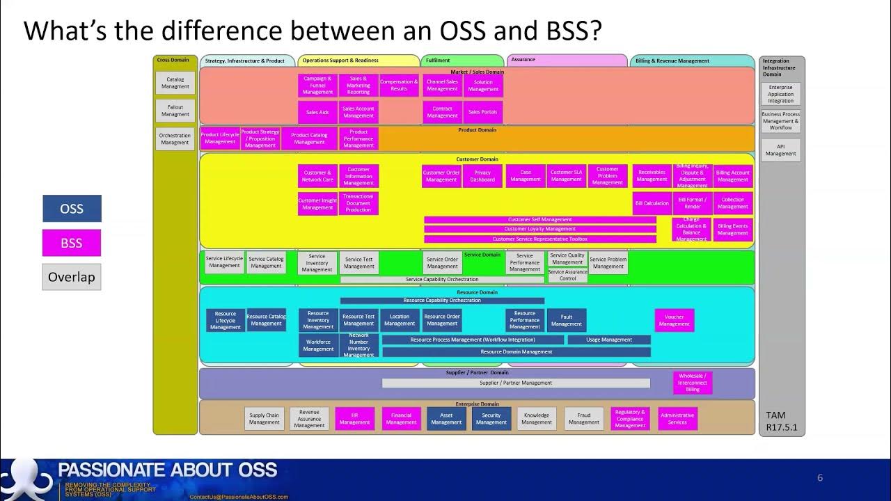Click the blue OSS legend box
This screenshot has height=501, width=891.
72,209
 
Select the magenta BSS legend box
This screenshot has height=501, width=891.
72,243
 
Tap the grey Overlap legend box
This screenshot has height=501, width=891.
72,277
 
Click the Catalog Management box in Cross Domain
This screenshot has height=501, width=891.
175,83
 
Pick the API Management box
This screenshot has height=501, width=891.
780,150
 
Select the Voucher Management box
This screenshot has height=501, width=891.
674,320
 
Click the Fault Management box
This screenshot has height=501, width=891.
567,320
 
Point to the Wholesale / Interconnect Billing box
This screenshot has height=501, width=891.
693,383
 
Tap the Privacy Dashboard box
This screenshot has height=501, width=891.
482,176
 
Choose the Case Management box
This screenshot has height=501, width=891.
526,176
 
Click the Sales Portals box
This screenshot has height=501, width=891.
482,112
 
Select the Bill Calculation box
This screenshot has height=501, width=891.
652,203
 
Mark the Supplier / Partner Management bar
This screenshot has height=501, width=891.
516,383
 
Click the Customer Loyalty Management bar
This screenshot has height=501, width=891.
540,229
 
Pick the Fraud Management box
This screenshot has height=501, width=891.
583,418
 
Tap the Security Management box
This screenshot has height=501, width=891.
491,418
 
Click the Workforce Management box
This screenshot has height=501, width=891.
318,345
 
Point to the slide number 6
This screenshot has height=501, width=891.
820,477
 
